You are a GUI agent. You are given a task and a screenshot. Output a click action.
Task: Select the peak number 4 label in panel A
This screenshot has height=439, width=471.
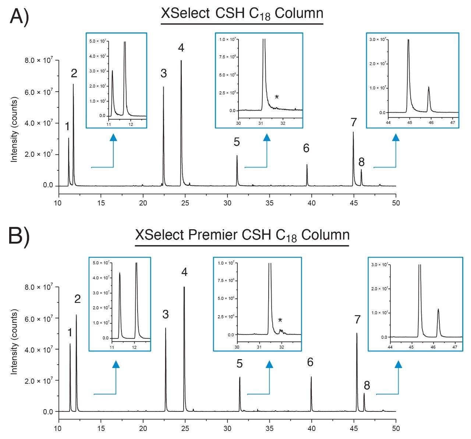pos(181,48)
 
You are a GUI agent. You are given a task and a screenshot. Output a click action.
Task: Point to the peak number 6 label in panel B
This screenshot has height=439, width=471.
pos(310,362)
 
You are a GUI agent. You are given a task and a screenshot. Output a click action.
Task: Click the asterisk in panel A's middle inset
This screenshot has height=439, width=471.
pos(277,97)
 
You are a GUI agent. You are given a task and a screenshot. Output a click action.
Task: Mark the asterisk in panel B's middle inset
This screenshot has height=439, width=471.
pos(280,321)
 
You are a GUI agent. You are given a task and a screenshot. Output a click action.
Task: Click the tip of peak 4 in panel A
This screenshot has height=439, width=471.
pos(181,61)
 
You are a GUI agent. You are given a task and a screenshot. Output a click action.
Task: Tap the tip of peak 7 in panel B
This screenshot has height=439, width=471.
pos(357,333)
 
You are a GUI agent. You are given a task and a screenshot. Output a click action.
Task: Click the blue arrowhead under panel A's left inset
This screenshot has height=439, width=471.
pos(113,137)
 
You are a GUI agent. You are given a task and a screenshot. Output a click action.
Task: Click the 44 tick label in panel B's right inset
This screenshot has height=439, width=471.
pos(390,347)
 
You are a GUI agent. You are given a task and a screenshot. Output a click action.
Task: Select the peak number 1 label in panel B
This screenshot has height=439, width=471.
pos(70,333)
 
